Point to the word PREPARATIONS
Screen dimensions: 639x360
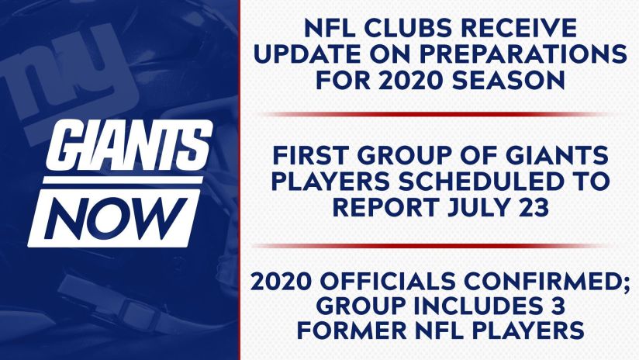523,54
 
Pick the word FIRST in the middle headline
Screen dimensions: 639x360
309,155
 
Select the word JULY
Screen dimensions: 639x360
475,207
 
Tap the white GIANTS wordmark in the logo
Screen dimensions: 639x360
129,145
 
